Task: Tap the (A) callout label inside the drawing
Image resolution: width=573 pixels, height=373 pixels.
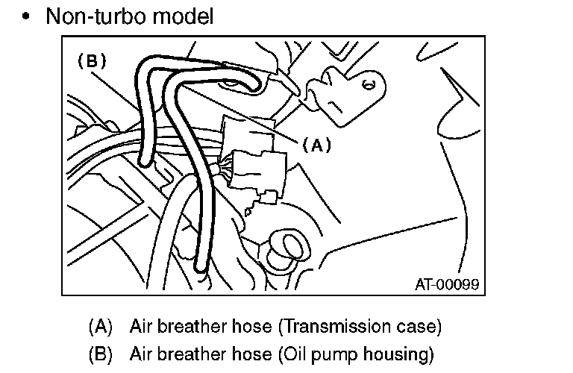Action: [316, 146]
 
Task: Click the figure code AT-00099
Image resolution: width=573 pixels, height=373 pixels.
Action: [446, 285]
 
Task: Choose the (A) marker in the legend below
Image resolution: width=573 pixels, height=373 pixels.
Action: [100, 327]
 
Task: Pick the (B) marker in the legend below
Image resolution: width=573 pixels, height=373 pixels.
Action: [100, 352]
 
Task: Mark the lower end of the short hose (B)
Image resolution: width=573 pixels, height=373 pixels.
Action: [143, 160]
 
